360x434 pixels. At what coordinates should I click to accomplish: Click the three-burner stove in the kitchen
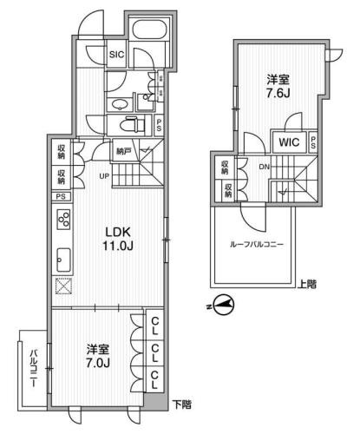(x=64, y=221)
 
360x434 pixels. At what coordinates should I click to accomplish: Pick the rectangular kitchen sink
(x=64, y=258)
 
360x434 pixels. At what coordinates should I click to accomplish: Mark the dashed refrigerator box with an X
(x=63, y=288)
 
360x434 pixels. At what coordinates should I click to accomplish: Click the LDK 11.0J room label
(x=120, y=237)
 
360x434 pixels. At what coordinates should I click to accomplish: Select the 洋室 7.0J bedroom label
(x=97, y=355)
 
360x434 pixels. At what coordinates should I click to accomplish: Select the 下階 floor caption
(x=180, y=404)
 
